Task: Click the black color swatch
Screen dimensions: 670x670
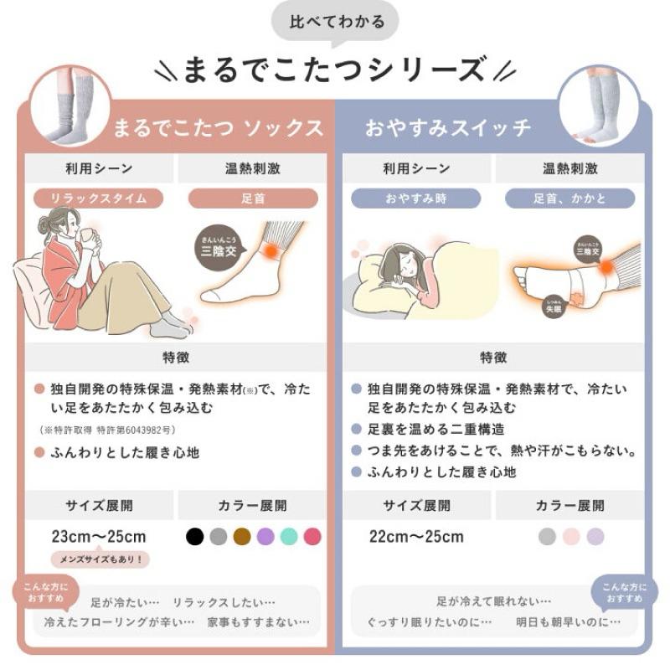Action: pos(194,536)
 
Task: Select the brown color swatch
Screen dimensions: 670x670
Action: pos(242,536)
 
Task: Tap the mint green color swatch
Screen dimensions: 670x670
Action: pos(289,536)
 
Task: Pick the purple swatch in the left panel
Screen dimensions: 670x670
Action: pos(265,536)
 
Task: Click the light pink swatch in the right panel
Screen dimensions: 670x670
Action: pos(571,536)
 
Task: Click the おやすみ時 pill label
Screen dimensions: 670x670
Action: pos(415,198)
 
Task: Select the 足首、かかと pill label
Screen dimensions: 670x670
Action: pos(570,198)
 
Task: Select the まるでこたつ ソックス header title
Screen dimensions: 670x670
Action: pos(218,128)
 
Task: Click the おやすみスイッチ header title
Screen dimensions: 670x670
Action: pos(448,128)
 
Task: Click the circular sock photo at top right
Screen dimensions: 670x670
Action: pos(599,106)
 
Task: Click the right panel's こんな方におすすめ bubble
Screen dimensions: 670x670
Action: pos(624,592)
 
